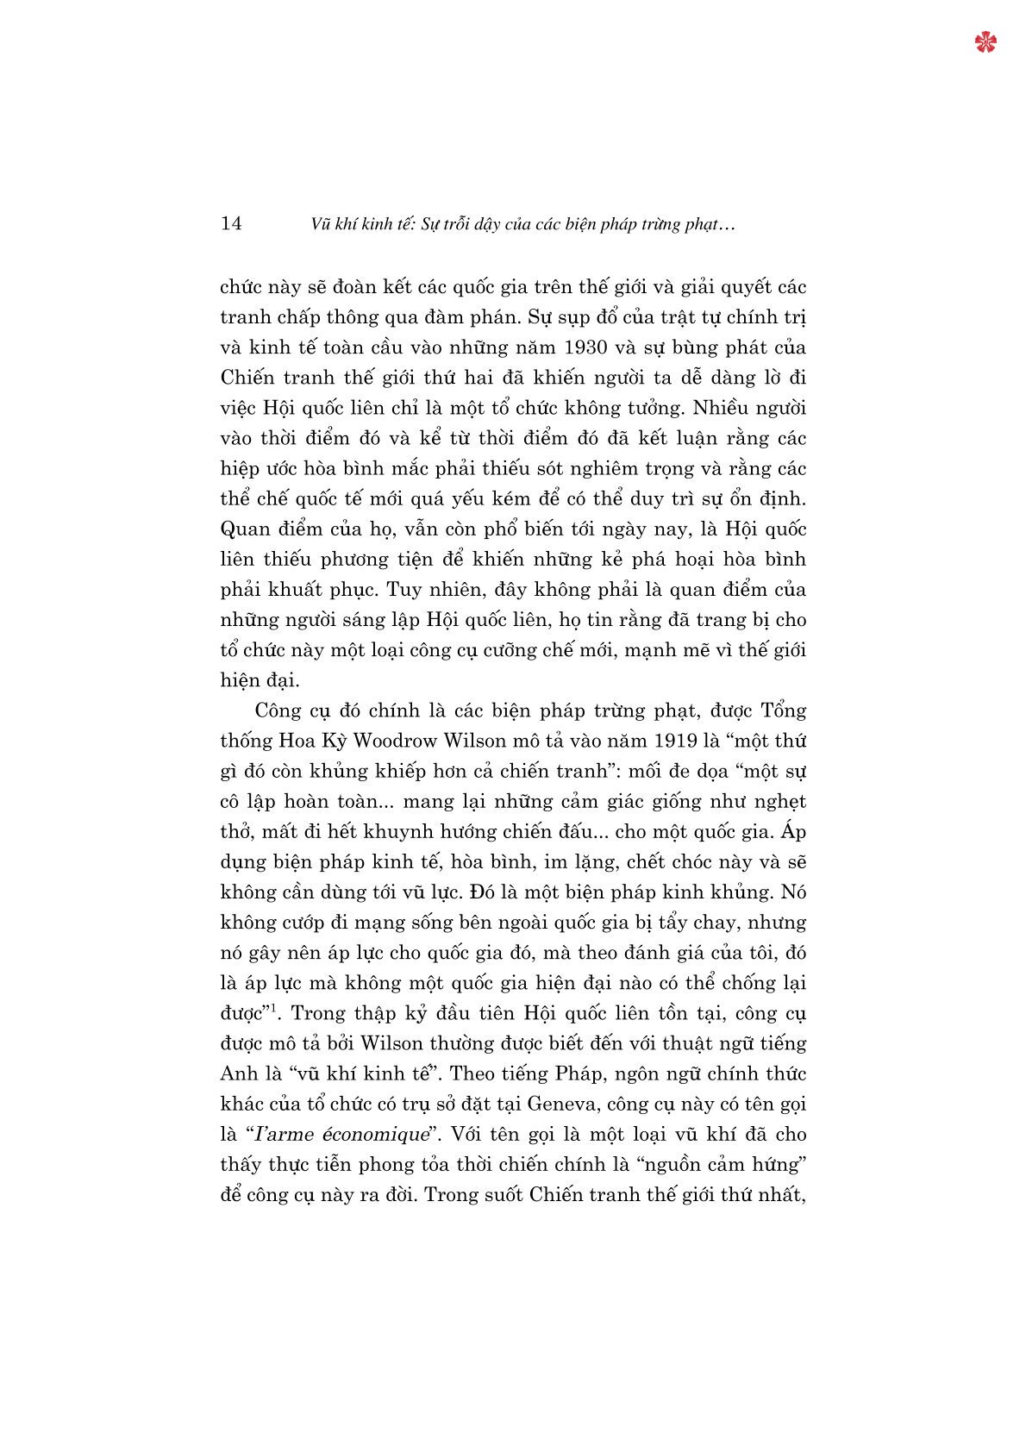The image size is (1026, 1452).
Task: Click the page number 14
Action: pos(231,224)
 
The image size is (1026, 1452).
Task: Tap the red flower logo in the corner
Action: pos(985,42)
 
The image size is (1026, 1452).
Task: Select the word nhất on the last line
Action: pos(782,1195)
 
